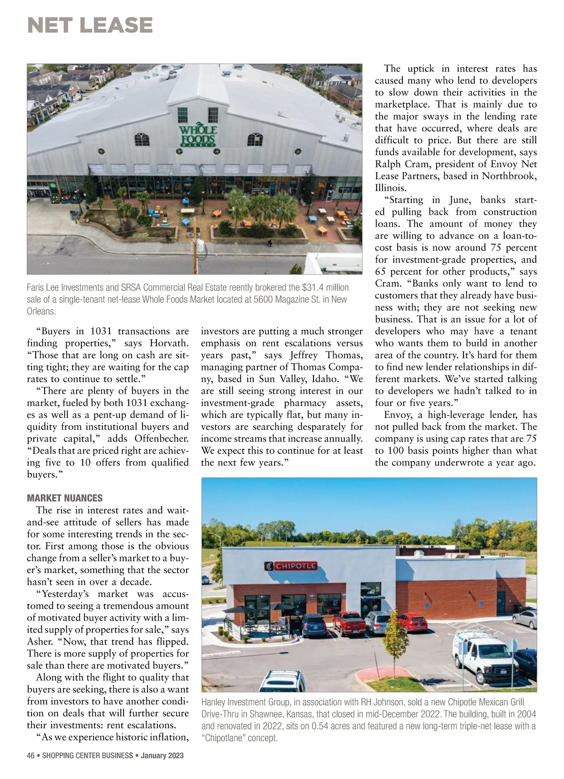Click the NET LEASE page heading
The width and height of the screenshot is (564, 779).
click(x=90, y=25)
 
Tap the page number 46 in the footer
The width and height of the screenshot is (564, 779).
click(x=31, y=755)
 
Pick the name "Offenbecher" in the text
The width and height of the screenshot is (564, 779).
click(x=162, y=439)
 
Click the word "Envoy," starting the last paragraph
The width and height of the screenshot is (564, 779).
click(x=398, y=415)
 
